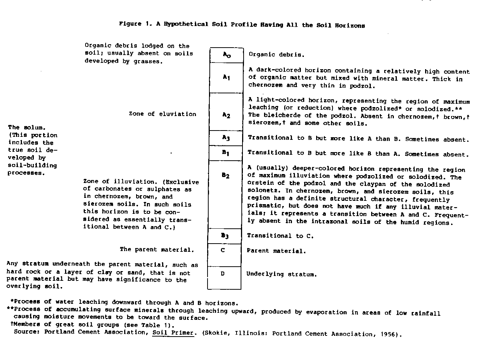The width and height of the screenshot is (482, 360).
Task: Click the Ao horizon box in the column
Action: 226,55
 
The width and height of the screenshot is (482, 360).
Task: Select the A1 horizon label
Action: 226,77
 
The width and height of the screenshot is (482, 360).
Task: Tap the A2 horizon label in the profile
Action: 226,115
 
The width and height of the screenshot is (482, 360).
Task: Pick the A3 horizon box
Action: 226,138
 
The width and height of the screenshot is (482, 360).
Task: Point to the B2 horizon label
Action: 226,175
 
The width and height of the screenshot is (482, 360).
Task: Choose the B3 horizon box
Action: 225,236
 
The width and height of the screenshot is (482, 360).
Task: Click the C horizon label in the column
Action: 223,250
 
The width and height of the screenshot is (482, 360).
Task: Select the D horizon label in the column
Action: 223,274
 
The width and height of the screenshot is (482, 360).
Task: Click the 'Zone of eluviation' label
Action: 163,114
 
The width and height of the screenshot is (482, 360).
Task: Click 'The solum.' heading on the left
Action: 24,128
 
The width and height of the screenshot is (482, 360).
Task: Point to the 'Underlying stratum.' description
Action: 282,274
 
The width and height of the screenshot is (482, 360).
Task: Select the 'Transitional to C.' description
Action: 280,236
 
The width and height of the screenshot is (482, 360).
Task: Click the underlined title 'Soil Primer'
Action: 173,333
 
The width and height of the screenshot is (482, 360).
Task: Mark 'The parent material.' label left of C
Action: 157,250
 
